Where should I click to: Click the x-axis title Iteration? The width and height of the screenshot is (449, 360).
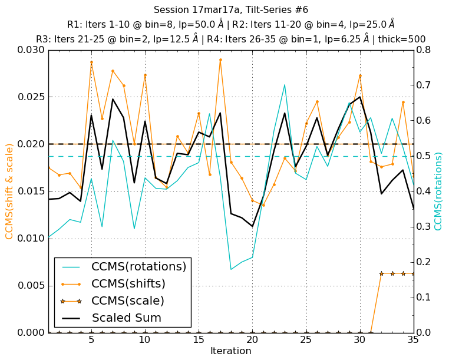click(230, 351)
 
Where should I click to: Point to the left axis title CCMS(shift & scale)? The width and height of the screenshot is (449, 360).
click(9, 191)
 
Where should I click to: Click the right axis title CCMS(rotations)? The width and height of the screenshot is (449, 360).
click(438, 191)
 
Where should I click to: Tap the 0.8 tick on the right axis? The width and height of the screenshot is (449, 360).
click(424, 50)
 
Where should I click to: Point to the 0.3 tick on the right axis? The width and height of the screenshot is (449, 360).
click(424, 227)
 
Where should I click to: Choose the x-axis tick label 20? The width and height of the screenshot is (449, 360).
click(252, 340)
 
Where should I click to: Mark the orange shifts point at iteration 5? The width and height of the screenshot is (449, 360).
click(91, 62)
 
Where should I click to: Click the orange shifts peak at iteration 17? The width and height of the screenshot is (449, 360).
click(220, 60)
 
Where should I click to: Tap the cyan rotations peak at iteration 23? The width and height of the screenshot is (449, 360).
click(285, 85)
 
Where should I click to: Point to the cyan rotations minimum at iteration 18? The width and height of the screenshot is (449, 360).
click(231, 269)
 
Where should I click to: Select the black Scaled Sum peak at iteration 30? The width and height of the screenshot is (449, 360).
click(359, 97)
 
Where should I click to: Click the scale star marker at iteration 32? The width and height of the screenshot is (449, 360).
click(381, 273)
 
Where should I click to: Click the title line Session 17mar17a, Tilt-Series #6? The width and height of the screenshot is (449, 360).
click(230, 10)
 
